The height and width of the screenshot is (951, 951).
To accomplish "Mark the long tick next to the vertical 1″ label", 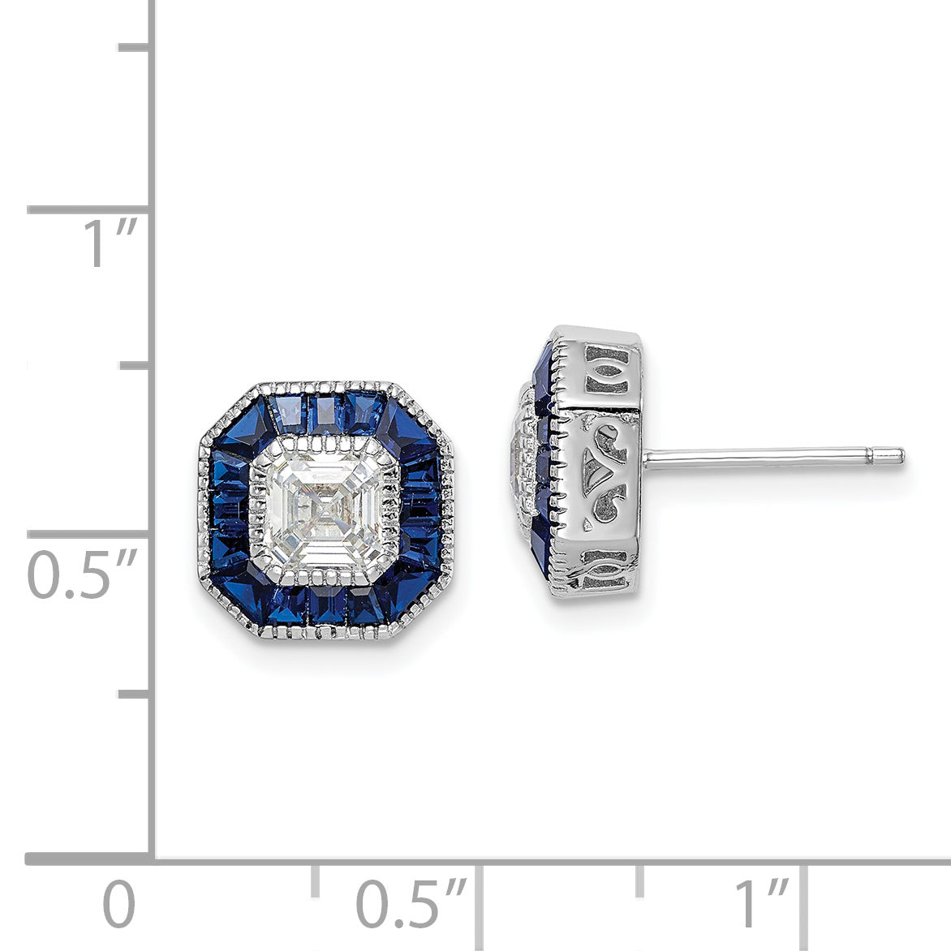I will (89, 209).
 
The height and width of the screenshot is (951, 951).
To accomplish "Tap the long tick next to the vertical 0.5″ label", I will (89, 535).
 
